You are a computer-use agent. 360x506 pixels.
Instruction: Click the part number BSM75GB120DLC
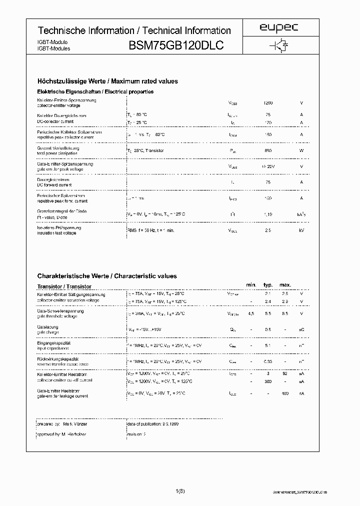click(x=176, y=45)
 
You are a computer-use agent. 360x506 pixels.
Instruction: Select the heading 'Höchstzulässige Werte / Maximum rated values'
click(x=107, y=81)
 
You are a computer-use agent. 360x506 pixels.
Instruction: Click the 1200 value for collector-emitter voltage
click(x=268, y=103)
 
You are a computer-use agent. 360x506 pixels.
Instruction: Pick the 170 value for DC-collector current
click(x=268, y=122)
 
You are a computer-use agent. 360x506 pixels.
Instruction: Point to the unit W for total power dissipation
click(x=301, y=150)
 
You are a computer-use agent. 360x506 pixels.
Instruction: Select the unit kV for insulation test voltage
click(x=301, y=230)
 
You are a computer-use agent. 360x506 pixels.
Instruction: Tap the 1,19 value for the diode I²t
click(x=268, y=214)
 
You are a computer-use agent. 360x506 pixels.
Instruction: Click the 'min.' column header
click(x=251, y=285)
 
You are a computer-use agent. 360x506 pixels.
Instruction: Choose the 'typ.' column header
click(x=268, y=285)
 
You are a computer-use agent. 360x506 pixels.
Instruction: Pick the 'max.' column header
click(x=285, y=285)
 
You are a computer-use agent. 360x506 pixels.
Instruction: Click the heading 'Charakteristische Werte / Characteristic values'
click(x=107, y=276)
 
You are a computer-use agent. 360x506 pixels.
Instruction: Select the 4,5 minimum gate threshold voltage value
click(x=251, y=313)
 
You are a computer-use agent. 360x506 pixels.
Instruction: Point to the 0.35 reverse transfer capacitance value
click(x=268, y=361)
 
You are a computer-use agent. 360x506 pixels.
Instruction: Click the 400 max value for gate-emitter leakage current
click(x=285, y=394)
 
